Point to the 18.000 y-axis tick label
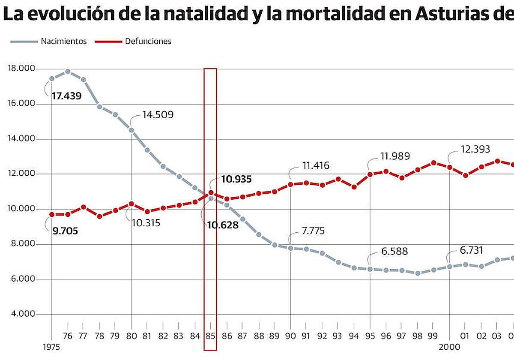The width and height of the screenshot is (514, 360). click(21, 69)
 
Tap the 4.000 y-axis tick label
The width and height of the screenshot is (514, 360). click(21, 315)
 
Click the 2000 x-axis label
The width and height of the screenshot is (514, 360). click(449, 346)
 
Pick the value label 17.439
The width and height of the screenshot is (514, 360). click(66, 96)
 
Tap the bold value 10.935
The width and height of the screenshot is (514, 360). click(236, 179)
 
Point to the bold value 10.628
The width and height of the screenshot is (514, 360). click(222, 225)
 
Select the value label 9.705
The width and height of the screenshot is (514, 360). click(65, 231)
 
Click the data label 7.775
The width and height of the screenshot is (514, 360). click(313, 231)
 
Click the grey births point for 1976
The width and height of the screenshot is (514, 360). click(68, 72)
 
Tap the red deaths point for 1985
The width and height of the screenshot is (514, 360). click(211, 193)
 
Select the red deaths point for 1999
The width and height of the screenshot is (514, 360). click(433, 163)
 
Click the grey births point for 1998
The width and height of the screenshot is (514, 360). click(418, 273)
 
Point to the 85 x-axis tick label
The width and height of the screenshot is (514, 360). click(210, 336)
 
